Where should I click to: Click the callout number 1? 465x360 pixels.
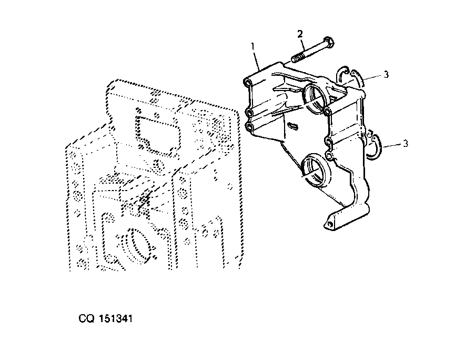pos(253,47)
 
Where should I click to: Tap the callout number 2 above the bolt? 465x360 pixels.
pos(300,34)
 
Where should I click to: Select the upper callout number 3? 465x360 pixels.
pos(386,75)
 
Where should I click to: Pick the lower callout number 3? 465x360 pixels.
pos(406,144)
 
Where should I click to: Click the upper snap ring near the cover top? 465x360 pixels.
pos(351,76)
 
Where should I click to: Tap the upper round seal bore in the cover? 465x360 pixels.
pos(315,98)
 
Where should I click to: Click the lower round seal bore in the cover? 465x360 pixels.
pos(315,170)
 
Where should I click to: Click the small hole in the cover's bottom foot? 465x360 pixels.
pos(329,225)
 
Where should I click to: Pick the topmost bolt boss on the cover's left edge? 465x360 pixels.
pos(247,82)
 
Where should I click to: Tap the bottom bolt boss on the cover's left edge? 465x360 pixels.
pos(250,127)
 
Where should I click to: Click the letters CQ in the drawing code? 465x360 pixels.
pos(87,319)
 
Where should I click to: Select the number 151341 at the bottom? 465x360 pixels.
pos(115,319)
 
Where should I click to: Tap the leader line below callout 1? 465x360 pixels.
pos(258,61)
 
